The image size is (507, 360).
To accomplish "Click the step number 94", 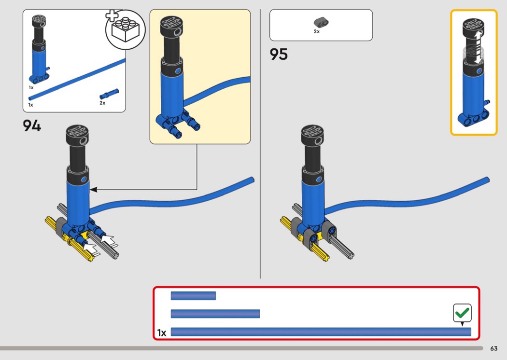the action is pyautogui.click(x=32, y=125).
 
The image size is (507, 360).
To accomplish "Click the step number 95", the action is pyautogui.click(x=279, y=55).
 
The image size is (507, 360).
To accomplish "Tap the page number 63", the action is pyautogui.click(x=494, y=348).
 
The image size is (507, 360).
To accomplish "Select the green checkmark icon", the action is pyautogui.click(x=462, y=313).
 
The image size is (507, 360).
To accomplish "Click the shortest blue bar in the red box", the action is pyautogui.click(x=193, y=296).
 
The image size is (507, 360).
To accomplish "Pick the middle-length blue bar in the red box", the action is pyautogui.click(x=215, y=314).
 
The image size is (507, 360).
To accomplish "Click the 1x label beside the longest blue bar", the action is pyautogui.click(x=161, y=332).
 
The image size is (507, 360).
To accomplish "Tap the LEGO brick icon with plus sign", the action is pyautogui.click(x=126, y=29).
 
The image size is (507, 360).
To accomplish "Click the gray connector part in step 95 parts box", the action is pyautogui.click(x=321, y=22).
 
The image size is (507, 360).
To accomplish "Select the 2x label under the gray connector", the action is pyautogui.click(x=317, y=31).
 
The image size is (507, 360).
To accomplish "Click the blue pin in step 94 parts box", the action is pyautogui.click(x=109, y=94).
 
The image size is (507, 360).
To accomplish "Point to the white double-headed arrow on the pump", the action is pyautogui.click(x=478, y=48).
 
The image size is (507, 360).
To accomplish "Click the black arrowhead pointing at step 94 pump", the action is pyautogui.click(x=94, y=190).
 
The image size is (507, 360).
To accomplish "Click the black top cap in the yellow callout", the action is pyautogui.click(x=172, y=27).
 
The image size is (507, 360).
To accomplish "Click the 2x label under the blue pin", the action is pyautogui.click(x=102, y=103).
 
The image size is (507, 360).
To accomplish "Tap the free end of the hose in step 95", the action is pyautogui.click(x=488, y=180).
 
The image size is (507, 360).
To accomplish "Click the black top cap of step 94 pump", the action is pyautogui.click(x=78, y=135).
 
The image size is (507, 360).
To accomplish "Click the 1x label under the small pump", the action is pyautogui.click(x=31, y=87).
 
